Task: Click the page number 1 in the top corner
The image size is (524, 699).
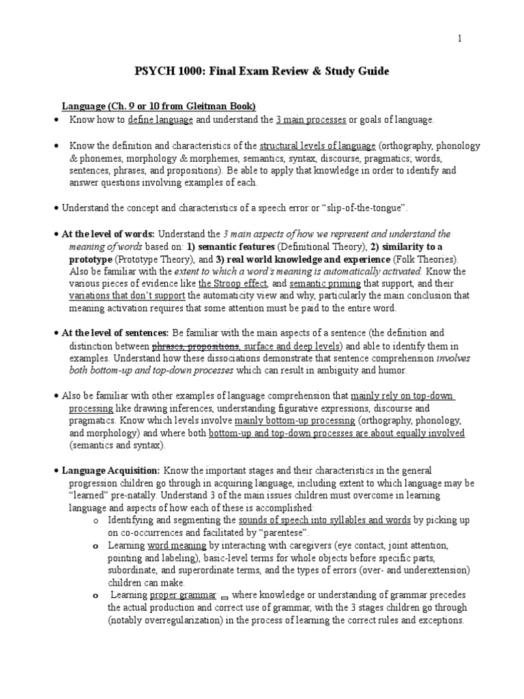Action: click(x=459, y=39)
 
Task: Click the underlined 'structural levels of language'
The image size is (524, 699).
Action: click(x=318, y=145)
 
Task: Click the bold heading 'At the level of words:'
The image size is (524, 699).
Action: click(x=108, y=233)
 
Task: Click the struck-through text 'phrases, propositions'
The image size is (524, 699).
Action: click(x=195, y=345)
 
